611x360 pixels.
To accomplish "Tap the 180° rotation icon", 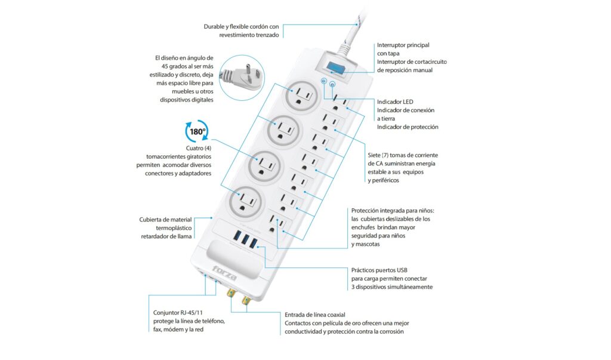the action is tap(197, 131).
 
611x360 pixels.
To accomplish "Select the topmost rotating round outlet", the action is tap(301, 96).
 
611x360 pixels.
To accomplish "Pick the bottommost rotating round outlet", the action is tap(246, 202).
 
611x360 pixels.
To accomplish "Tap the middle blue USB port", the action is tap(245, 239).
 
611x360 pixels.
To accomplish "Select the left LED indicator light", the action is tap(323, 81).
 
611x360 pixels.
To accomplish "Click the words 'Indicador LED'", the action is tap(395, 102).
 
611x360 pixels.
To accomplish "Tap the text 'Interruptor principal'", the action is tap(403, 45).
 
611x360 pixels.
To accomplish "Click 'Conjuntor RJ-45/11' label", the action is tap(178, 313).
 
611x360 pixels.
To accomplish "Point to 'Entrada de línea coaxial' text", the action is tap(315, 315).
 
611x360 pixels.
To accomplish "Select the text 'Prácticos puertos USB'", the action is tap(379, 270).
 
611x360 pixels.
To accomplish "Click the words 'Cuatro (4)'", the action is tap(198, 148).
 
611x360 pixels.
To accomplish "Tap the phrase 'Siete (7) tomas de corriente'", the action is tap(403, 155).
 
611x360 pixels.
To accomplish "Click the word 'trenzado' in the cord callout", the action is tap(267, 35).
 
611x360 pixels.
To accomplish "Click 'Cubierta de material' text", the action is tap(165, 220).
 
